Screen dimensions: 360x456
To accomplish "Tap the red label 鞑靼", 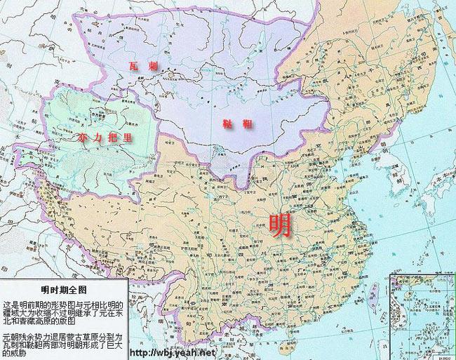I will tap(234, 124).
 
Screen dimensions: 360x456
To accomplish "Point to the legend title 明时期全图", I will tap(64, 290).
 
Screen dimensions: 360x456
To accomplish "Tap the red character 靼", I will tap(244, 124).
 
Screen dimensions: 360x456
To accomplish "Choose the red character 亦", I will tap(86, 138).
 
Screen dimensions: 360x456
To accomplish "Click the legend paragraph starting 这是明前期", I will tap(64, 311).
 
